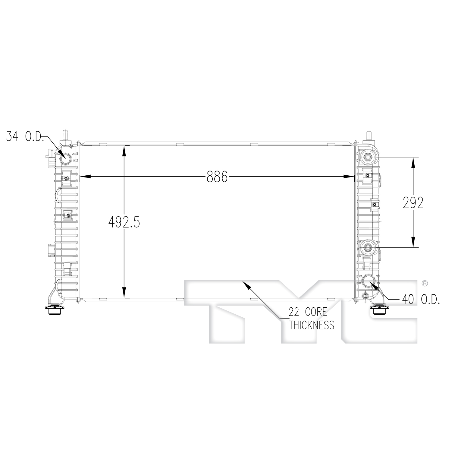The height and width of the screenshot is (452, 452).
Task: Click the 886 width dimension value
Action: coord(217,177)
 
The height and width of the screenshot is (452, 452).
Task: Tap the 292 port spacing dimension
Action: coord(413,203)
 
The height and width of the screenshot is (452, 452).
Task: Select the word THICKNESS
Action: coord(312,325)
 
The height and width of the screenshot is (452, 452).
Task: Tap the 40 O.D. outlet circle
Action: coord(368,281)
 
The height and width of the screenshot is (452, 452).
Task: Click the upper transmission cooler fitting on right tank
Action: coord(368,157)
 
